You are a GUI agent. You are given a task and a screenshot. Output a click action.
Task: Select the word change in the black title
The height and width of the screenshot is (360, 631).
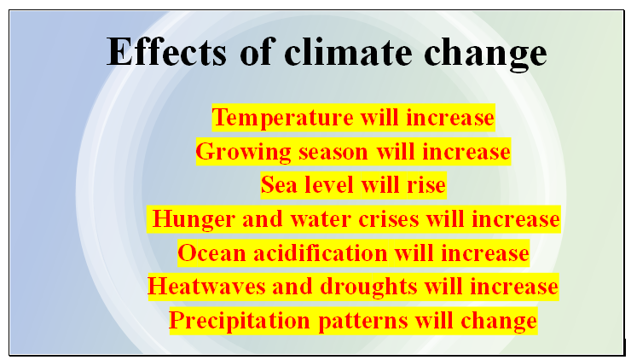[x=486, y=54]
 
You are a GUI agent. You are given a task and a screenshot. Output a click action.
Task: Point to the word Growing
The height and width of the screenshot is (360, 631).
[x=244, y=152]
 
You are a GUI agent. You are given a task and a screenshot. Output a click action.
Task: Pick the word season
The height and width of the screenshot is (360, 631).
[x=333, y=153]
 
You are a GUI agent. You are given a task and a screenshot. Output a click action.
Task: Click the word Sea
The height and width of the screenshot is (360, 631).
[x=279, y=185]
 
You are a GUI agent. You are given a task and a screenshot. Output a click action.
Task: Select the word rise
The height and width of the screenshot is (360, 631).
[x=426, y=185]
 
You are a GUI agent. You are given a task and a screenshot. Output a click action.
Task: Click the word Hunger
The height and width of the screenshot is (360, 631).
[x=194, y=220]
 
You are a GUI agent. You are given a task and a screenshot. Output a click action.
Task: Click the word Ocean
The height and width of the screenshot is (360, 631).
[x=212, y=253]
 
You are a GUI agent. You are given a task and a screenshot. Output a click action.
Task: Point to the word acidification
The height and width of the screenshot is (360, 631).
[x=321, y=253]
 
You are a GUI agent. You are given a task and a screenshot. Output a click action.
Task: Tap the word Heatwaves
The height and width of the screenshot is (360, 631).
[x=206, y=287]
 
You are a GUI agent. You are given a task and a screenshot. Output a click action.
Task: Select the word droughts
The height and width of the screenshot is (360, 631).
[x=368, y=287]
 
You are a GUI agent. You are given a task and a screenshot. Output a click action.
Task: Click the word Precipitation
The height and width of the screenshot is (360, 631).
[x=240, y=322]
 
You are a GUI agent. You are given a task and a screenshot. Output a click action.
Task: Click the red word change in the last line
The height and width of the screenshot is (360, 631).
[x=499, y=322]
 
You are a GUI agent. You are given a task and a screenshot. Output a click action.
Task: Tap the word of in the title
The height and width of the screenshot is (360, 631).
[x=258, y=51]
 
